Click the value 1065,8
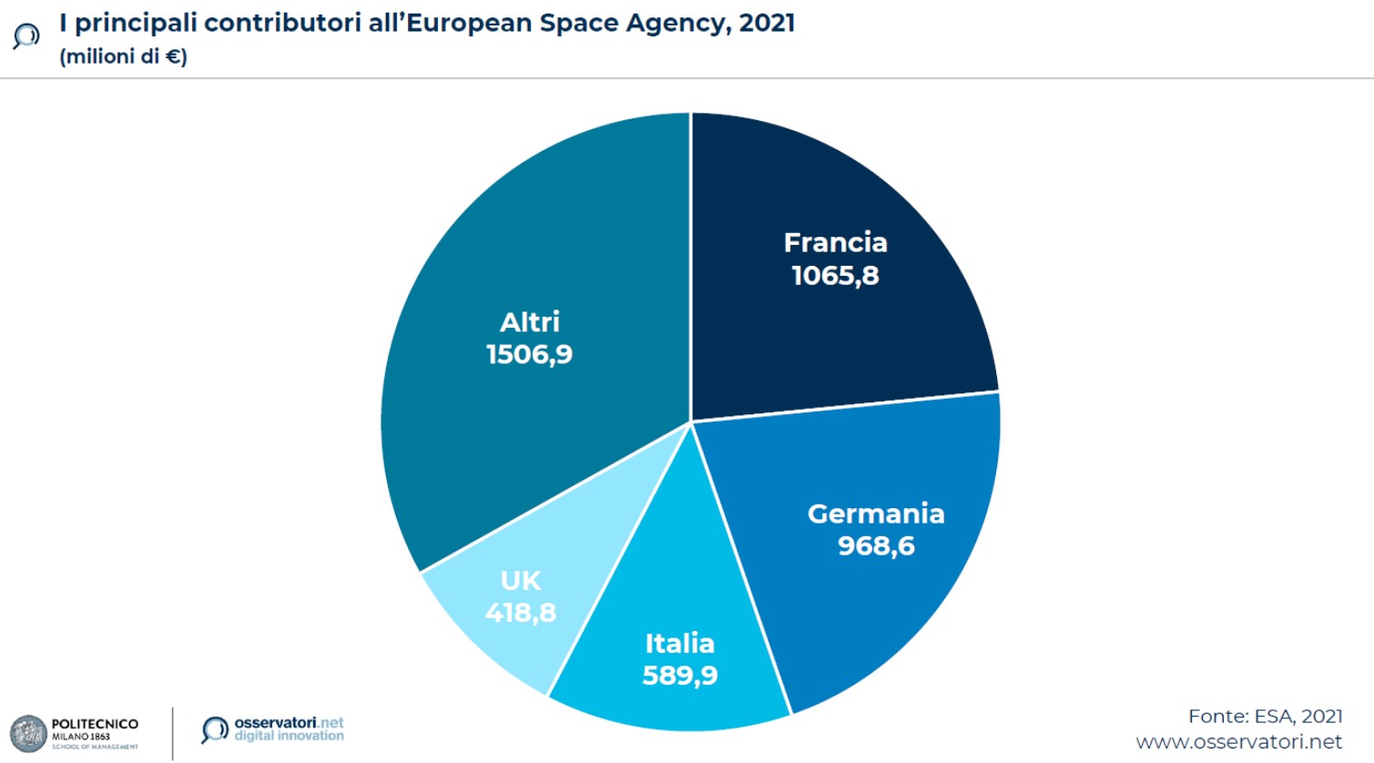(x=835, y=275)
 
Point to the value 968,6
(x=876, y=545)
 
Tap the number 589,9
(x=679, y=676)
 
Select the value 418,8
(x=520, y=613)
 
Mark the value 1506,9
(x=529, y=354)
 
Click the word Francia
(x=835, y=242)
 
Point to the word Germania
(x=876, y=514)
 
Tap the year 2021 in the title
(x=767, y=22)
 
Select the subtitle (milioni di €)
(x=123, y=56)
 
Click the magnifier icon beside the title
(x=26, y=36)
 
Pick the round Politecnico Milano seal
(x=28, y=734)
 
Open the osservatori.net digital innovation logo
(x=272, y=729)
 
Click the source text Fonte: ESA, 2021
(x=1265, y=717)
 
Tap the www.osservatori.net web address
(x=1238, y=742)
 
